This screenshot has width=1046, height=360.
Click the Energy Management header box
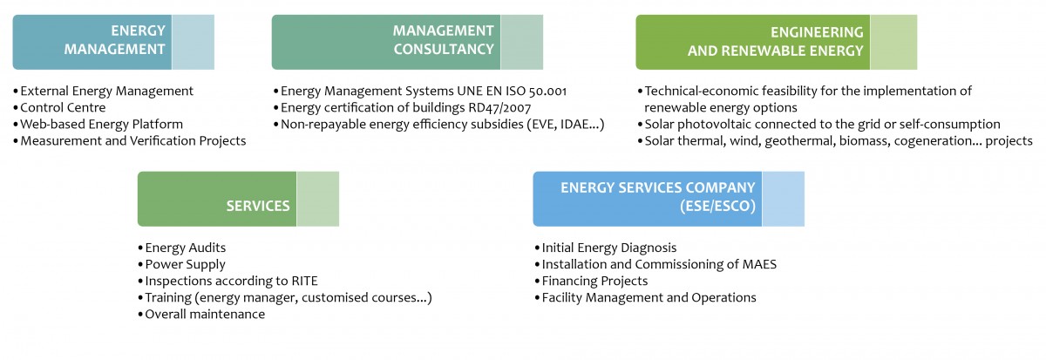pos(113,42)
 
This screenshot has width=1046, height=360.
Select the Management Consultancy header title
pos(443,40)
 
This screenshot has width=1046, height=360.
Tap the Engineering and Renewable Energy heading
pos(775,41)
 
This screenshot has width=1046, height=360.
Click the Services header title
pos(258,206)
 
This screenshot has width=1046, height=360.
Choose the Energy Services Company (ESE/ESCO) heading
pos(657,197)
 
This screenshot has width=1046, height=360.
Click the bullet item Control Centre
pos(63,107)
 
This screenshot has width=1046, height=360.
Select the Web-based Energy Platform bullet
pos(101,124)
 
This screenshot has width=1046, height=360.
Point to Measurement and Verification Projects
pos(133,141)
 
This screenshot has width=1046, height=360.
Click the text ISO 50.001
pos(536,91)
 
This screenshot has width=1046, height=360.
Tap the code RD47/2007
pos(499,108)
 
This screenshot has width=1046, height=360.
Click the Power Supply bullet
pos(185,265)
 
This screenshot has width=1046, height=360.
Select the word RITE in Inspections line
pos(304,281)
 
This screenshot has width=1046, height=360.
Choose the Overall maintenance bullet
pos(205,315)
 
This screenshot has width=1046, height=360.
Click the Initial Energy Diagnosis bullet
pos(609,248)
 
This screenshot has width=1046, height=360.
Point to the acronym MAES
pos(759,264)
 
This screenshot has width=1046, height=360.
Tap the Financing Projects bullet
pos(594,281)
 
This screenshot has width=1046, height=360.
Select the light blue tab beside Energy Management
pos(194,42)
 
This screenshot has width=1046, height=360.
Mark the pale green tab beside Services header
pos(318,199)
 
